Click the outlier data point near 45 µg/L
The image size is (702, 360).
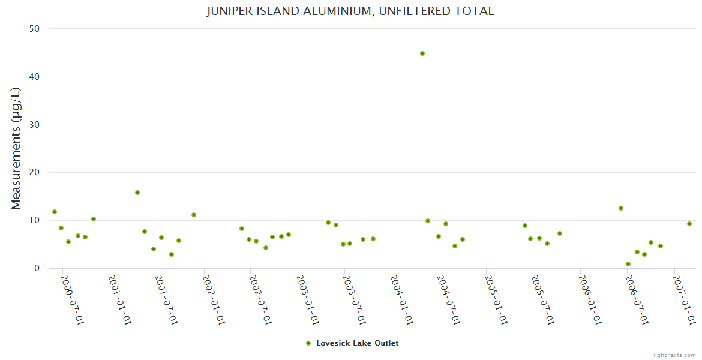[x=422, y=53]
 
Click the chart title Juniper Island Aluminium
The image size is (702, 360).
[x=350, y=11]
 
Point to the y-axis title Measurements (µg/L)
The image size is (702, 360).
[x=16, y=148]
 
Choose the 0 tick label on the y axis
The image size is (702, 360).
[x=37, y=268]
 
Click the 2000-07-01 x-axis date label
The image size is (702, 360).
[x=72, y=299]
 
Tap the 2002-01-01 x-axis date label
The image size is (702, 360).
[x=214, y=299]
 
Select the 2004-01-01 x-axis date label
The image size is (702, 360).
[x=402, y=299]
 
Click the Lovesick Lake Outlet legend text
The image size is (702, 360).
[x=357, y=343]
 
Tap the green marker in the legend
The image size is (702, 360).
[x=308, y=343]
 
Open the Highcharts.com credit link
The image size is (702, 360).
[x=673, y=355]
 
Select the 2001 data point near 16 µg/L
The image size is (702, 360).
[x=137, y=193]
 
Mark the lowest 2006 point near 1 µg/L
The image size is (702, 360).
[x=628, y=264]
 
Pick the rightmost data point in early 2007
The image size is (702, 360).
[x=689, y=224]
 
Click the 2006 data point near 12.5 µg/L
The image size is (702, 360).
[x=621, y=208]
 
